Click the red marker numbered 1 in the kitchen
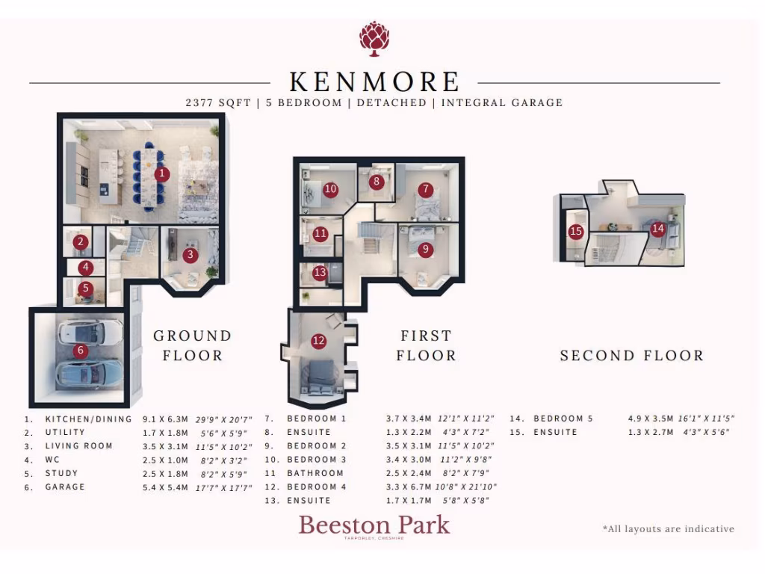(162, 174)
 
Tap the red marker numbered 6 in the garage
(81, 351)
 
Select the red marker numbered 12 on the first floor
(319, 341)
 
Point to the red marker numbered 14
(657, 229)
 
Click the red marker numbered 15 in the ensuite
(575, 232)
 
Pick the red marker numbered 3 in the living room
(191, 254)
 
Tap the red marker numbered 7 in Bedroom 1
(425, 190)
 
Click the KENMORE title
(374, 81)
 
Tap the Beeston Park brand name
(374, 525)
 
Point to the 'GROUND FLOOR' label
(193, 345)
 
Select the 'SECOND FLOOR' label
(632, 356)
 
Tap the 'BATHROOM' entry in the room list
(315, 473)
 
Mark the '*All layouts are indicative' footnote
(668, 529)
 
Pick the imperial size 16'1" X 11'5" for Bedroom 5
(705, 419)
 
